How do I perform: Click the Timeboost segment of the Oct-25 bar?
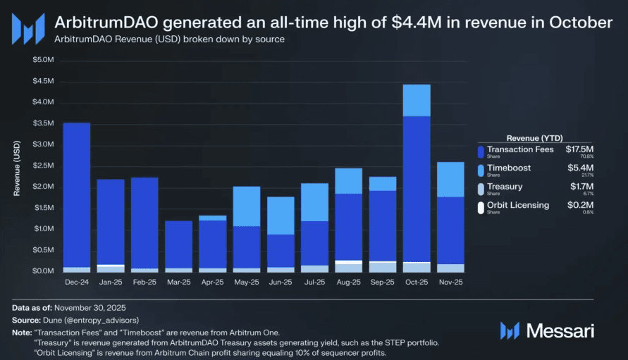[417, 100]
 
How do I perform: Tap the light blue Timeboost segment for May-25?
[247, 206]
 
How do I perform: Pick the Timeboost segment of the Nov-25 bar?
[450, 179]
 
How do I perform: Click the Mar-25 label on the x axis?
[178, 282]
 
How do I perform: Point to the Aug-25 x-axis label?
[348, 282]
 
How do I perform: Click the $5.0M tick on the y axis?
[43, 60]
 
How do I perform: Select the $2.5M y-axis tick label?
[43, 166]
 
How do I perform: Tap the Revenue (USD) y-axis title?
[17, 167]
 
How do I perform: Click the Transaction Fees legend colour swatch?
[480, 151]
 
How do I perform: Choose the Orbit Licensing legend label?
[518, 205]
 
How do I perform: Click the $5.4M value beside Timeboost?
[581, 168]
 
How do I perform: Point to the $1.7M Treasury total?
[581, 187]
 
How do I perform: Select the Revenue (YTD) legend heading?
[534, 137]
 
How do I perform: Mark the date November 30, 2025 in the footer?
[90, 309]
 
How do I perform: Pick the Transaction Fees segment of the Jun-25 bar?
[281, 251]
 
